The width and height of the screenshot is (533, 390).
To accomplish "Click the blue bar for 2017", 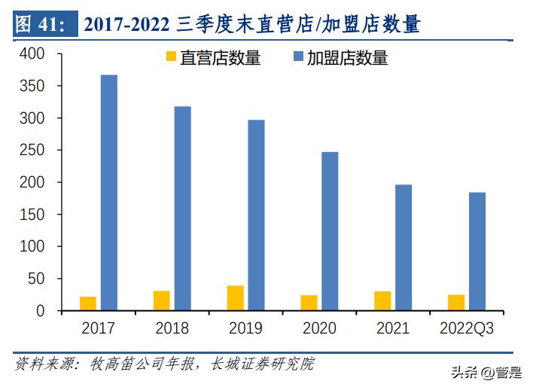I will point(109,193).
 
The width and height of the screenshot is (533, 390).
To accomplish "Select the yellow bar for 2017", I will point(88,303).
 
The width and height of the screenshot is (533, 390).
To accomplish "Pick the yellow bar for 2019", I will point(236,298).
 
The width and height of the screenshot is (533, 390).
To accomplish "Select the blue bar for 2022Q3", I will point(477,251).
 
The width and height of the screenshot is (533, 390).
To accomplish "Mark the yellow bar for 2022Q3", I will point(456,303).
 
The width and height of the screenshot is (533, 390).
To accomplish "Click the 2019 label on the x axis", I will point(245,329).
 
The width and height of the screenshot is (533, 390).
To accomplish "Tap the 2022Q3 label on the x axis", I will point(466,329).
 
